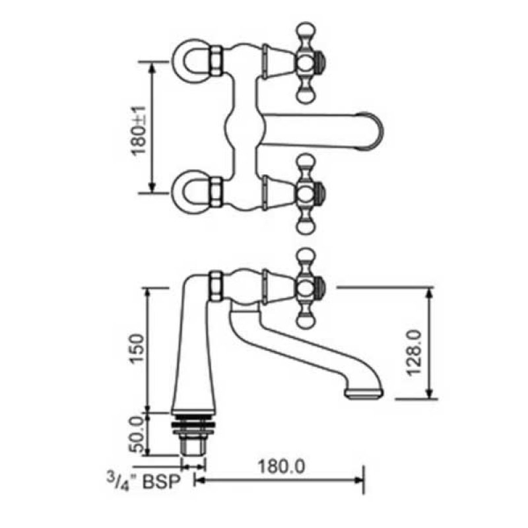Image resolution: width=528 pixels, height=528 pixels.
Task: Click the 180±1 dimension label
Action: coord(139,131)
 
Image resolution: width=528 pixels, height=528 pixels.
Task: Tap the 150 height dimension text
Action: coord(137,348)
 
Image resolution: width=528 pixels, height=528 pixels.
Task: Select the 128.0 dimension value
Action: coord(414,352)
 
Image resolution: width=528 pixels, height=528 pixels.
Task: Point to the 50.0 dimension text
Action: coord(137,435)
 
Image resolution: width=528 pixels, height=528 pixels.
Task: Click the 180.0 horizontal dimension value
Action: coord(281,467)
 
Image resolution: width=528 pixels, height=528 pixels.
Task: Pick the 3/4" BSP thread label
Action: coord(144,481)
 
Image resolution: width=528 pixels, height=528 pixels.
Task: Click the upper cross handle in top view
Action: coord(307,63)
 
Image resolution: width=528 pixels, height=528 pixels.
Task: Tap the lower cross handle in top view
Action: coord(307,194)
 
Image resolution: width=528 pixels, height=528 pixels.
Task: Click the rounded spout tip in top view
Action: coord(372,131)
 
